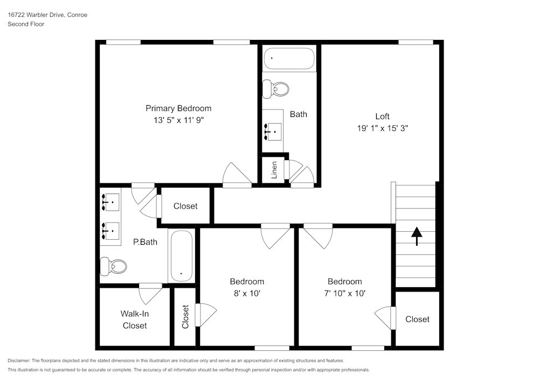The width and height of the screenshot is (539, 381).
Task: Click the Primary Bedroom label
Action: coord(178,108)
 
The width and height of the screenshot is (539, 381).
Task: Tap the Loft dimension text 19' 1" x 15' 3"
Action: coord(382,128)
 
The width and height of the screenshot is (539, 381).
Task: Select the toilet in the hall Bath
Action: coord(275,88)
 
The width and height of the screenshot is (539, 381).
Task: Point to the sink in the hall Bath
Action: coord(273,130)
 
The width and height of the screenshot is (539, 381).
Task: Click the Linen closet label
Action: coord(274,170)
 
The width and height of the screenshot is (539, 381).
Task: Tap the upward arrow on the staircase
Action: coord(417,235)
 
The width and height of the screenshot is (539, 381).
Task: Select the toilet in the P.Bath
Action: coord(114,266)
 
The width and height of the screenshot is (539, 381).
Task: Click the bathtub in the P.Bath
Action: coord(181,255)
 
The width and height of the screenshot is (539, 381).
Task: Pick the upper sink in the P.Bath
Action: coord(112,202)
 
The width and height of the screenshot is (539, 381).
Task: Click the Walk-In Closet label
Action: coord(134,319)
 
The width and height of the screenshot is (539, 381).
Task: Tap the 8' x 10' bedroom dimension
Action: coord(247,294)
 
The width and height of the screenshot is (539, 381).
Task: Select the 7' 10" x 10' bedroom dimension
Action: coord(344,294)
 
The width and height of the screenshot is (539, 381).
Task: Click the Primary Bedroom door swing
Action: coord(238,174)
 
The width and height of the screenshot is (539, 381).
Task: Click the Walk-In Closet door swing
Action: coord(150,294)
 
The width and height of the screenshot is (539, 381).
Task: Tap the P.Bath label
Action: coord(145,242)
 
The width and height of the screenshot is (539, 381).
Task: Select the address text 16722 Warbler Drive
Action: coord(36,15)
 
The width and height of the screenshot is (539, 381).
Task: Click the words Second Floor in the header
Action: coord(26,24)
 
